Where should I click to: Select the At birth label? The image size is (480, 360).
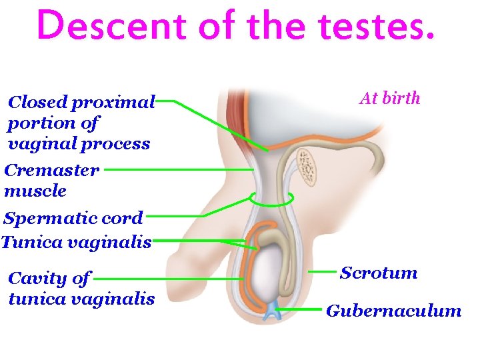point(389,99)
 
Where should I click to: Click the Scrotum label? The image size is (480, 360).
point(379,273)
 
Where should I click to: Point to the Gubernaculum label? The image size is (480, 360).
point(393,311)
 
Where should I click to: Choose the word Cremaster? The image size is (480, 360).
point(52,170)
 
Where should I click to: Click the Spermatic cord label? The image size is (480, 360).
point(73,218)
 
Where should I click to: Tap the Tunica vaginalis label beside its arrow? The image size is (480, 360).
point(77,242)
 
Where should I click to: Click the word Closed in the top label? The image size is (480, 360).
point(37,103)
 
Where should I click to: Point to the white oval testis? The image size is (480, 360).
point(274,274)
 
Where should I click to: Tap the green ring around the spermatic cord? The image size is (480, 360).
point(271,199)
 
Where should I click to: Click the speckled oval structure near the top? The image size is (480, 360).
point(307,166)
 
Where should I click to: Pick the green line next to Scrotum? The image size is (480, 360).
point(324,272)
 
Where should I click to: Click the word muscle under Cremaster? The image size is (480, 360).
point(35,191)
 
